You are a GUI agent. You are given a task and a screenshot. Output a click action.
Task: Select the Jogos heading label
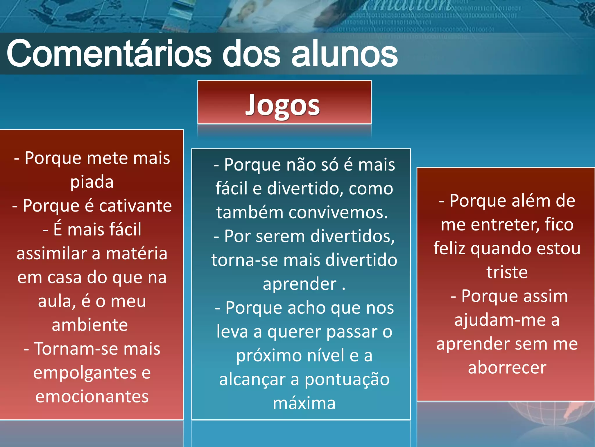[x=283, y=105]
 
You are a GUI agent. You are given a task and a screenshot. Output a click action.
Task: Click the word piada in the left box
[x=92, y=182]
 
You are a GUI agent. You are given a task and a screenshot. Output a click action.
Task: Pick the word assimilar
[x=51, y=253]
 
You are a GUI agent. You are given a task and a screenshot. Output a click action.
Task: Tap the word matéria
[x=137, y=253]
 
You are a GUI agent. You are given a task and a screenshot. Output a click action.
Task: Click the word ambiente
[x=90, y=325]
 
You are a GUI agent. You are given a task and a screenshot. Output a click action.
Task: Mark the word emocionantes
[x=92, y=397]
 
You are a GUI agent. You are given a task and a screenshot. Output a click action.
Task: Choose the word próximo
[x=269, y=356]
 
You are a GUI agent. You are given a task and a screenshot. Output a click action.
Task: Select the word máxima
[x=304, y=403]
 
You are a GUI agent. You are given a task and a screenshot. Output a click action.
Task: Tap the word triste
[x=507, y=272]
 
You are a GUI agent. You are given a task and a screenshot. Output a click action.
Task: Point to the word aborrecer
[x=507, y=368]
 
